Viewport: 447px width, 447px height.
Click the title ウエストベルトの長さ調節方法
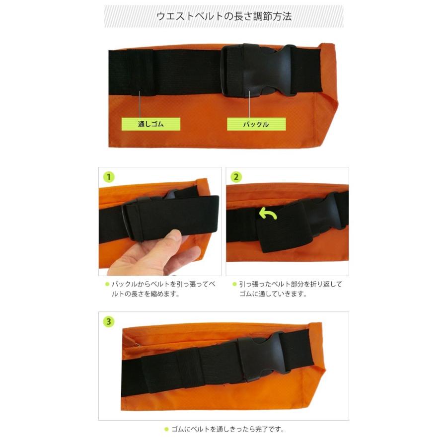coord(223,16)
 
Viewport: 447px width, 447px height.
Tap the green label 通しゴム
coord(150,124)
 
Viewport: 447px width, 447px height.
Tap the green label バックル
coord(256,124)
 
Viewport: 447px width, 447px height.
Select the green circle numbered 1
coord(109,177)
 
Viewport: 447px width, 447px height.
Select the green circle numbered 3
coord(109,321)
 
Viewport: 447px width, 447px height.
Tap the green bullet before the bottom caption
coord(166,430)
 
